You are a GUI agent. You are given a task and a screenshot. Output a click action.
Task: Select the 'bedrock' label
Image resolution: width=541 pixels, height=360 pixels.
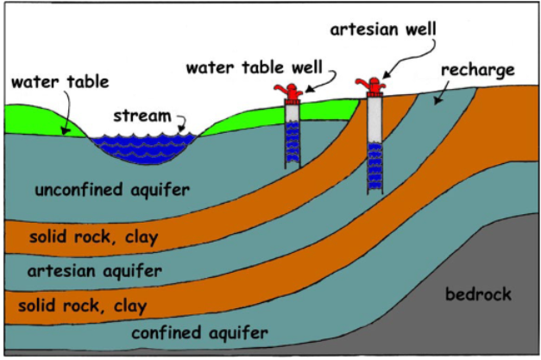click(x=478, y=295)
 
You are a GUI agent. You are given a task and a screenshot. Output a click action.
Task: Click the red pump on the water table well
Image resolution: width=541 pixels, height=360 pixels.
click(x=291, y=91)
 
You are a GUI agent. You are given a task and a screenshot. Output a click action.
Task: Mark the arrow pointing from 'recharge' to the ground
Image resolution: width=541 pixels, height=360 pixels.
click(x=448, y=91)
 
